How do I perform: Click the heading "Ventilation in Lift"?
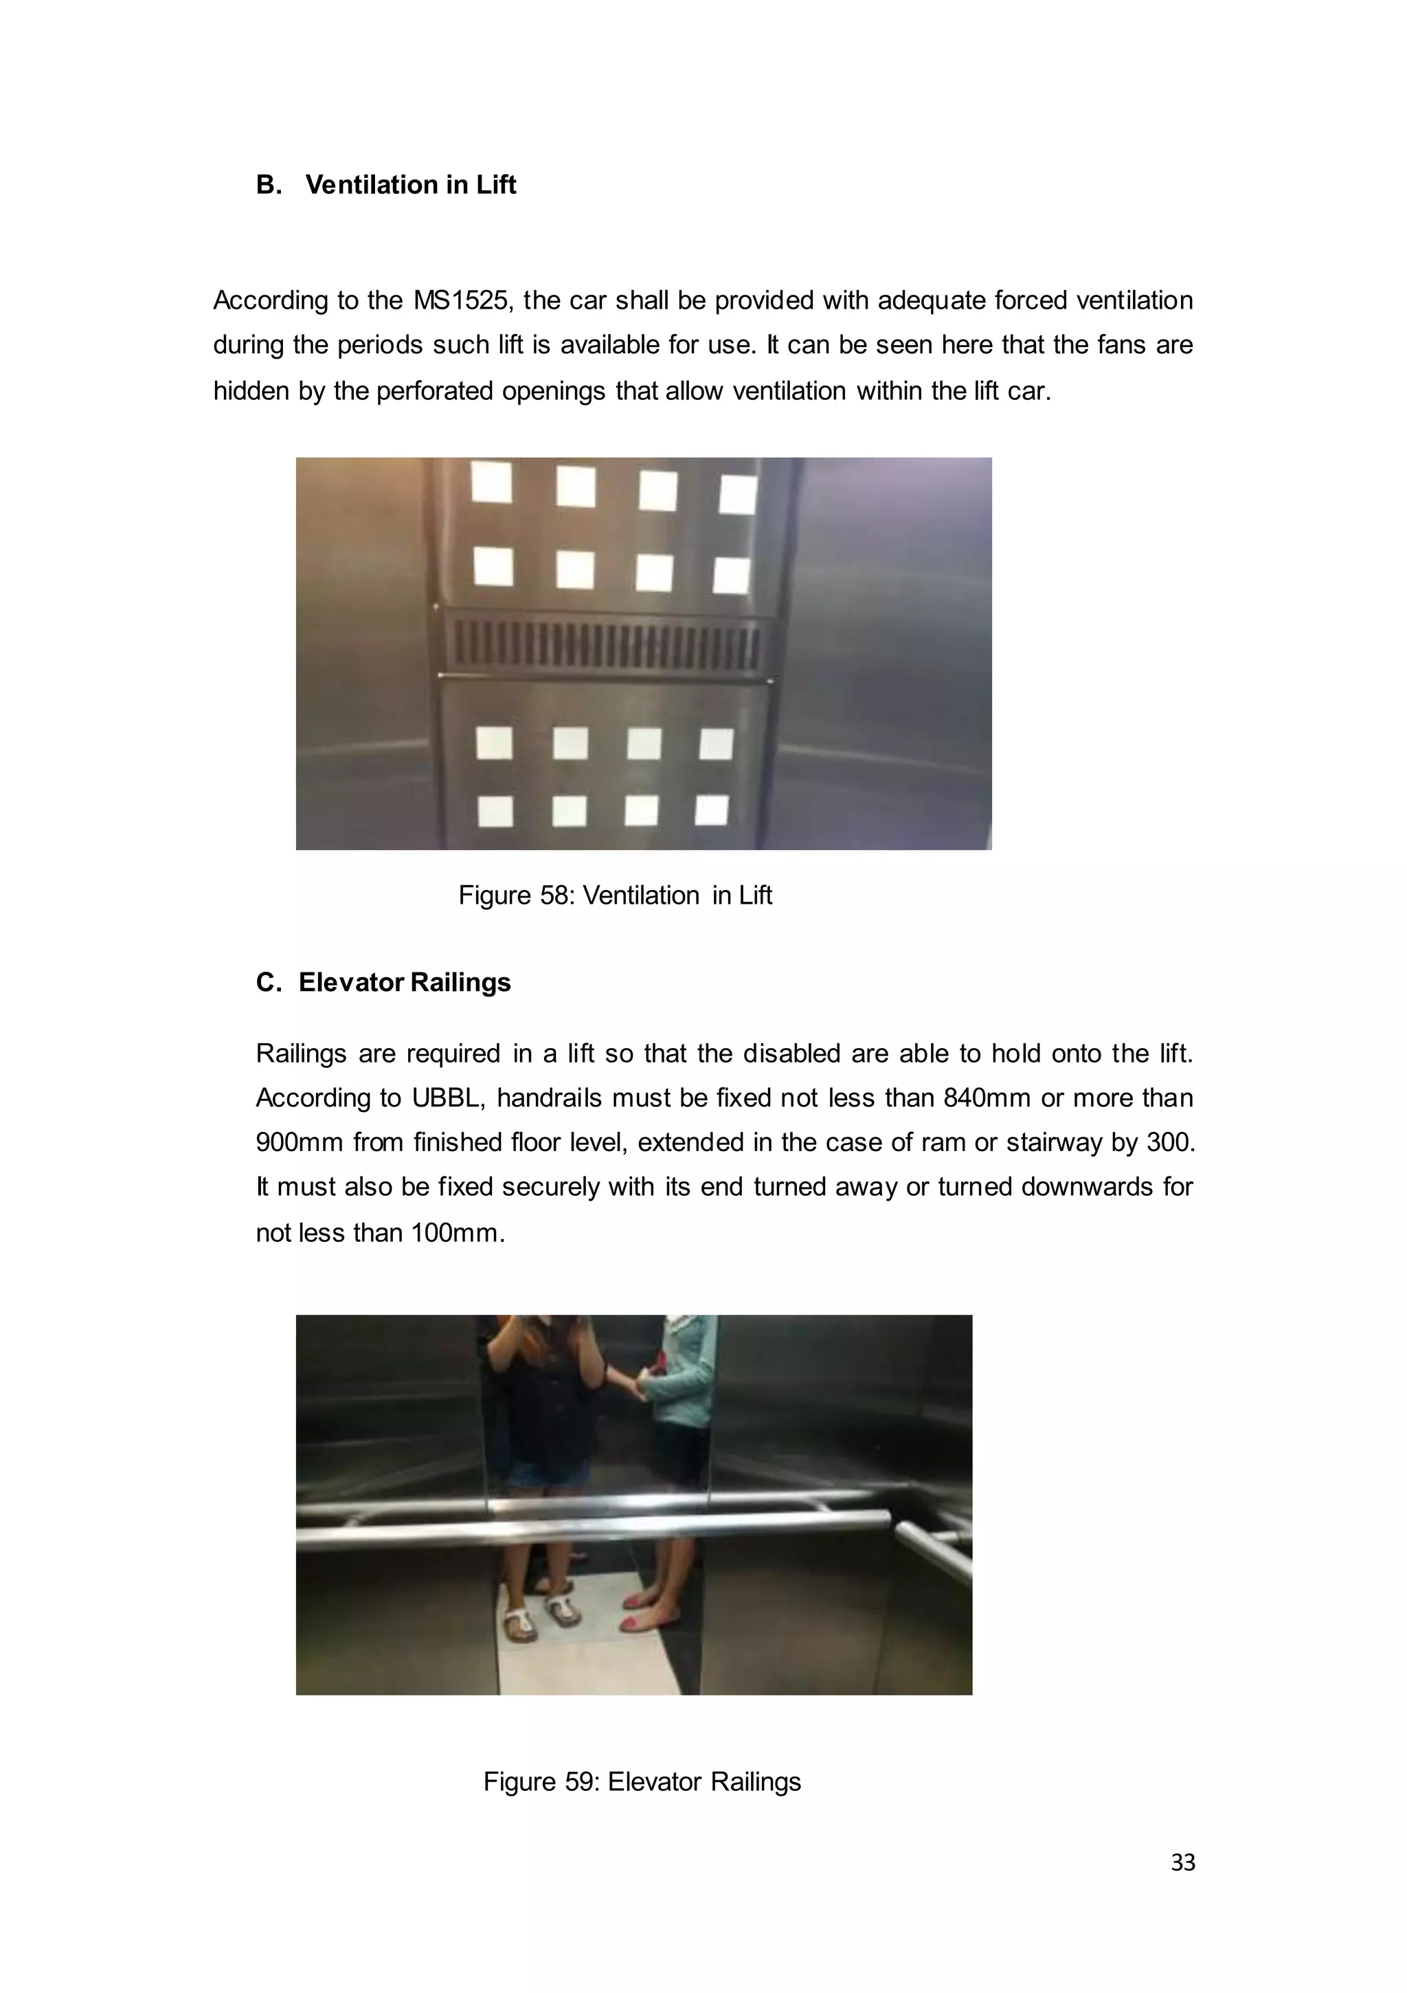pyautogui.click(x=411, y=185)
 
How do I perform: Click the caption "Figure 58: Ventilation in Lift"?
pyautogui.click(x=614, y=895)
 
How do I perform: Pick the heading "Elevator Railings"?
pyautogui.click(x=405, y=983)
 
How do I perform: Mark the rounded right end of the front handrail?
pyautogui.click(x=883, y=1520)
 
